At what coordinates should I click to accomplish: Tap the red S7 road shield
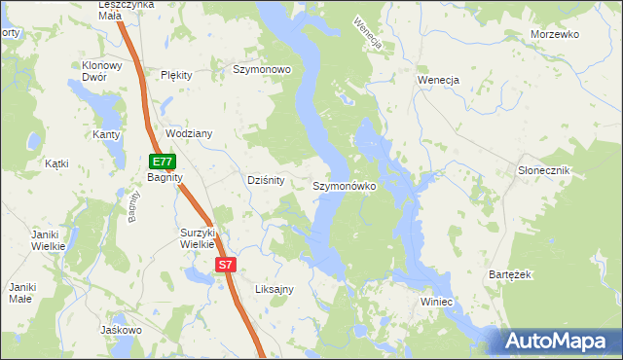point(225,265)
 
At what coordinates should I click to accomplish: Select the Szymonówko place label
point(345,185)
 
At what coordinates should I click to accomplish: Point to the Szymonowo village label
point(262,70)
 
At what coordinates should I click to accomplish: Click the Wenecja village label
point(438,79)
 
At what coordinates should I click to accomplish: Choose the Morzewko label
point(555,34)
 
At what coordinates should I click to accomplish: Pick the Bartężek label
point(509,275)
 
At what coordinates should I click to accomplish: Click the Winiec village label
point(437,303)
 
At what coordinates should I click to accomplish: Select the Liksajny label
point(274,289)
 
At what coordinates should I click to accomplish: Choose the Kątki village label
point(56,163)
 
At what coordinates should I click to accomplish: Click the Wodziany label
point(189,133)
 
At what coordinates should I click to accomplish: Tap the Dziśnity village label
point(265,180)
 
